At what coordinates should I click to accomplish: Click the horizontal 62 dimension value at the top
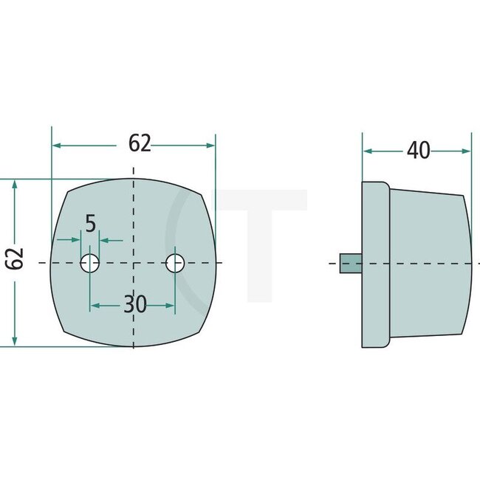click(x=139, y=143)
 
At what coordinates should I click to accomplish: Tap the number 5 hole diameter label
click(x=90, y=224)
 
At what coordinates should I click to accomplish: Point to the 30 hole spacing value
click(x=135, y=304)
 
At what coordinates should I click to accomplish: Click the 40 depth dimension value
click(x=418, y=150)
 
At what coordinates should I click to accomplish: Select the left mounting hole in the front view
click(x=90, y=262)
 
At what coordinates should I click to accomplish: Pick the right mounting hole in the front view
click(x=175, y=262)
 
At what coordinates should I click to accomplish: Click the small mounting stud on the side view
click(x=350, y=263)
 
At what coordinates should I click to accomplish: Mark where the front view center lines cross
click(x=133, y=263)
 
